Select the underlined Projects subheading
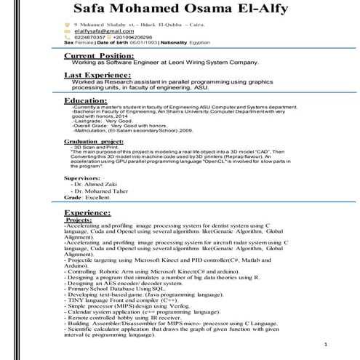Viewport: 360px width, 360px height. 78,219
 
